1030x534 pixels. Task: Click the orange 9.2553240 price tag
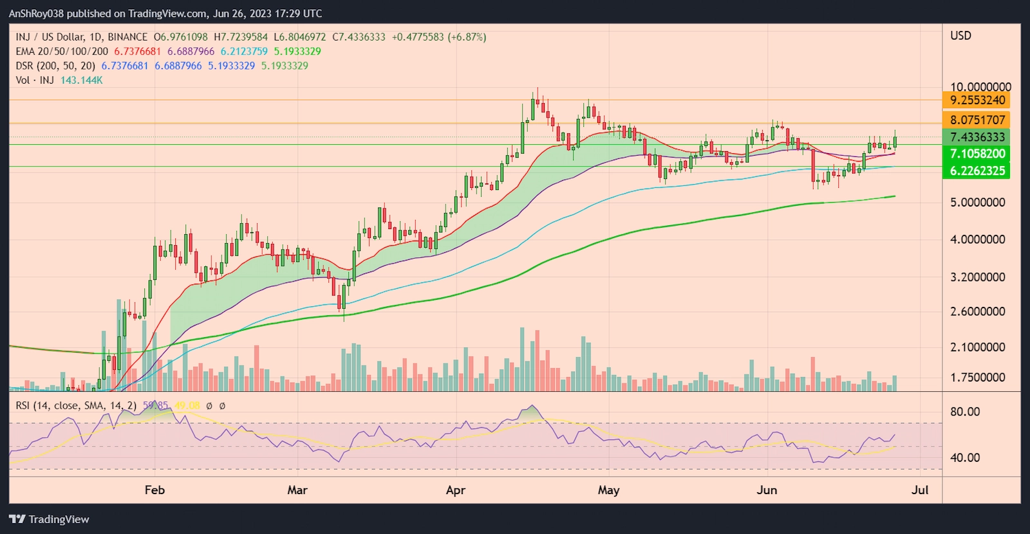(x=977, y=100)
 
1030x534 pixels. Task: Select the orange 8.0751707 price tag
(x=977, y=120)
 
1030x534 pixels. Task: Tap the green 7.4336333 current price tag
(x=977, y=137)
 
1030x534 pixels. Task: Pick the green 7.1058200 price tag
(x=977, y=154)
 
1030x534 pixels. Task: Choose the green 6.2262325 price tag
(x=977, y=170)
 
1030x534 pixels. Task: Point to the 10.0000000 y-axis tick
(x=980, y=87)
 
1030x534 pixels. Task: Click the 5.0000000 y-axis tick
(x=977, y=203)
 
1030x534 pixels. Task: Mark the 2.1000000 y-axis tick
(x=977, y=347)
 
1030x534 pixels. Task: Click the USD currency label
(x=960, y=36)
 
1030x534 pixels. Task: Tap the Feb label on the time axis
(x=154, y=490)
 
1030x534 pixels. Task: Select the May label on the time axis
(x=608, y=490)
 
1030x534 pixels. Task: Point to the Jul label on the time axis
(x=920, y=490)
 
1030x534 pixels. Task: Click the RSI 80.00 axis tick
(x=965, y=412)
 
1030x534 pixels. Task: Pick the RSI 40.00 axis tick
(x=965, y=458)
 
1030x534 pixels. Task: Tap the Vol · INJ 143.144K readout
(x=59, y=80)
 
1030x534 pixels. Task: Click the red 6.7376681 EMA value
(x=137, y=51)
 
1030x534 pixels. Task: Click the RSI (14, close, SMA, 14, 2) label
(x=76, y=406)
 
